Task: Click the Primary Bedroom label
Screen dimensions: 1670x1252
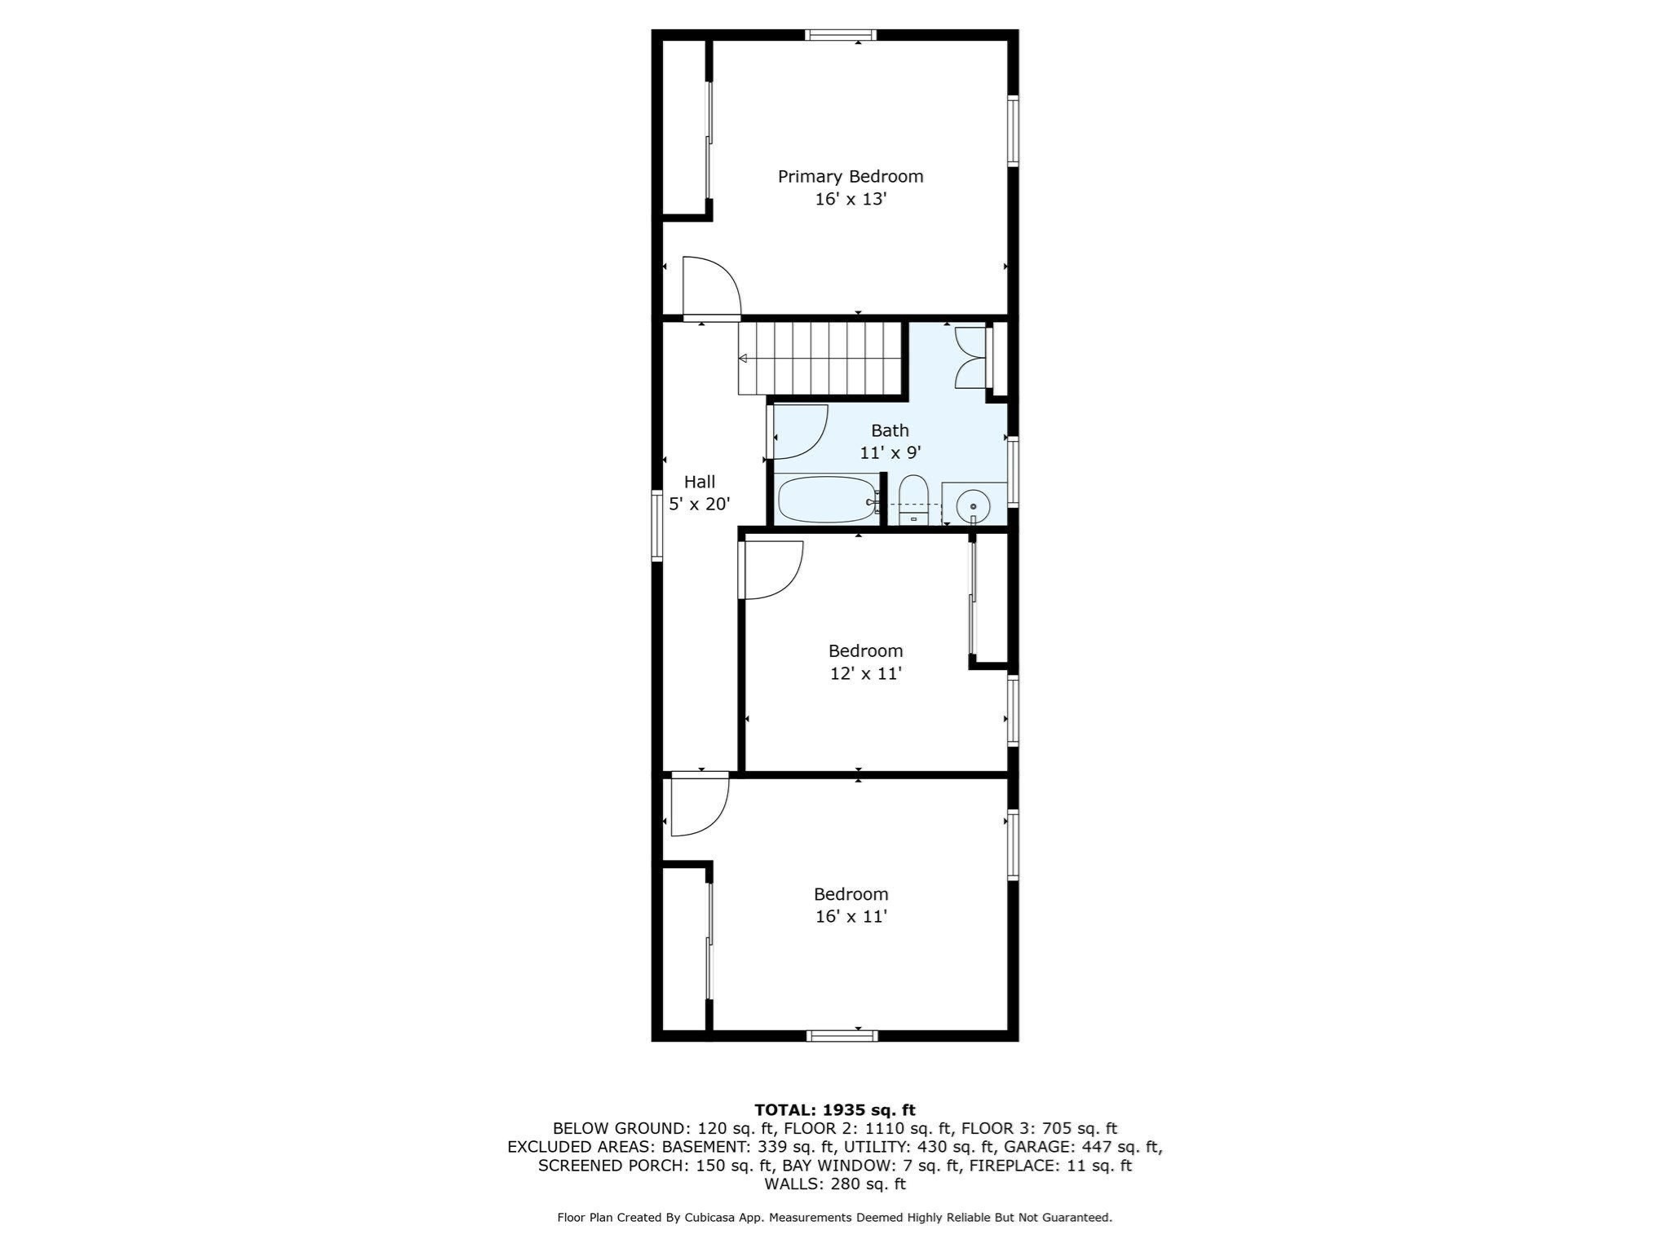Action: pos(850,177)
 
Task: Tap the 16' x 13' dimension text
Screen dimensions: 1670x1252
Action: pos(850,199)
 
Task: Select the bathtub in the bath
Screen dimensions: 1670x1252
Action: pos(827,500)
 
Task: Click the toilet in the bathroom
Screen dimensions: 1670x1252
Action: pos(913,500)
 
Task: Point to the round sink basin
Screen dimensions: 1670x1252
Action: pos(973,506)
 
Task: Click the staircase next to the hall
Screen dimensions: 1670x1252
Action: pos(820,359)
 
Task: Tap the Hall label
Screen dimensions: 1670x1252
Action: pos(700,482)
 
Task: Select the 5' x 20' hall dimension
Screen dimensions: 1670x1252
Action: pos(700,505)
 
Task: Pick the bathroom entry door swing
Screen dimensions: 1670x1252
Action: pos(800,432)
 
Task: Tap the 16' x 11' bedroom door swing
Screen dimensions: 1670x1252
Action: pos(700,807)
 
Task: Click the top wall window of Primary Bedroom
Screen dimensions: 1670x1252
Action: pos(841,35)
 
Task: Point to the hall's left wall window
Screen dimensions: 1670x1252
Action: pos(656,526)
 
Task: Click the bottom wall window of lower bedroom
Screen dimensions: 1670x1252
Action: pos(842,1035)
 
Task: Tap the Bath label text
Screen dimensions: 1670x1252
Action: pos(890,430)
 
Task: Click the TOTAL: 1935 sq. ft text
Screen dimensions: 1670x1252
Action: pos(835,1110)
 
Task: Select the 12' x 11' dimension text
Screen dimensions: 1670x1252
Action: pos(865,673)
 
